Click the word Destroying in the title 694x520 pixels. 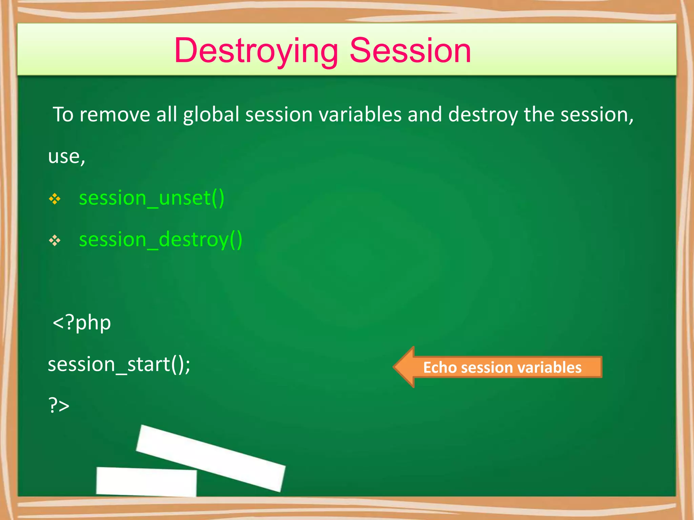pos(256,51)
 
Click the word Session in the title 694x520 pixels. pos(410,51)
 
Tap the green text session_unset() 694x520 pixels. pos(151,198)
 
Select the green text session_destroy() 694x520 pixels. pos(161,240)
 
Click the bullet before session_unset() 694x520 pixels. pos(55,199)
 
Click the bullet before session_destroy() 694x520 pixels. pos(55,241)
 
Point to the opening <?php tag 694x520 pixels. pos(82,323)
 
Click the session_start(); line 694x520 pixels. pos(119,365)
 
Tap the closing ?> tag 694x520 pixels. pos(59,406)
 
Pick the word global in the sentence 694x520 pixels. pos(211,114)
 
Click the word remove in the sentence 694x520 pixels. pos(115,114)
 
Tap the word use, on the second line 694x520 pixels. pos(66,157)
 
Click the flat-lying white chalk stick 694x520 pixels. pos(146,481)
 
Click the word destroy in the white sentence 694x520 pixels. pos(483,114)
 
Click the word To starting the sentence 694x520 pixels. pos(63,114)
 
